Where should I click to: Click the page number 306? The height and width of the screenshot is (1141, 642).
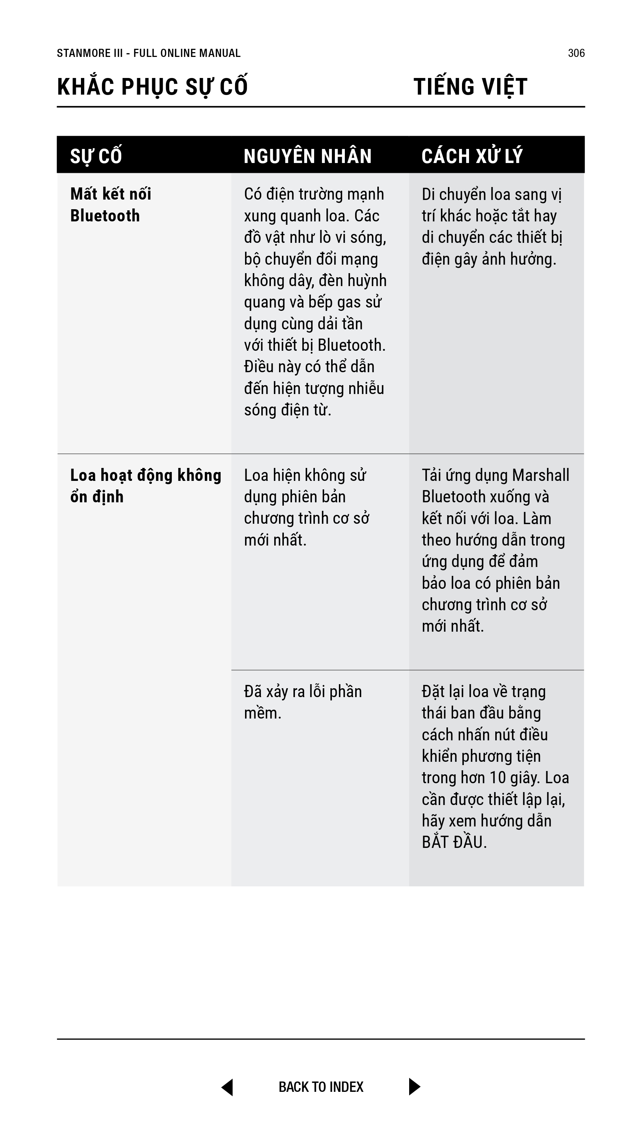[x=576, y=53]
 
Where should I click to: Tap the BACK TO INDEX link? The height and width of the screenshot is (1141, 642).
[x=321, y=1087]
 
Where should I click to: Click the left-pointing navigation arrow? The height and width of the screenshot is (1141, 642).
[x=227, y=1087]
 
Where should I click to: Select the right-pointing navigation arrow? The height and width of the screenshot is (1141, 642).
[x=414, y=1087]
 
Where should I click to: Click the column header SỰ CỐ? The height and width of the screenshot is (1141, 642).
[x=96, y=156]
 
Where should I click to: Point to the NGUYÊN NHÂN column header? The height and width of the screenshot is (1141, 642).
[x=308, y=156]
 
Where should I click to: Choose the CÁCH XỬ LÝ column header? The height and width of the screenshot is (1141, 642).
[x=472, y=156]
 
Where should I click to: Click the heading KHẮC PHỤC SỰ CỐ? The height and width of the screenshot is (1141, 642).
[x=152, y=87]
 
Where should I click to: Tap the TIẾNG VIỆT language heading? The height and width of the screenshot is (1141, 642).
[x=470, y=87]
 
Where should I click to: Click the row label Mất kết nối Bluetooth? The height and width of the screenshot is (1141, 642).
[x=111, y=205]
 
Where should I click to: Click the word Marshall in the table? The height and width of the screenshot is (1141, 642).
[x=540, y=475]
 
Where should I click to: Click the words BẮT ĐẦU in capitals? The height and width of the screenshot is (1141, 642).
[x=454, y=842]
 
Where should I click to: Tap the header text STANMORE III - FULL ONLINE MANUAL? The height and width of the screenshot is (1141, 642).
[x=149, y=53]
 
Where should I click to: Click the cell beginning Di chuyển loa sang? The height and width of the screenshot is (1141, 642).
[x=492, y=226]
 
